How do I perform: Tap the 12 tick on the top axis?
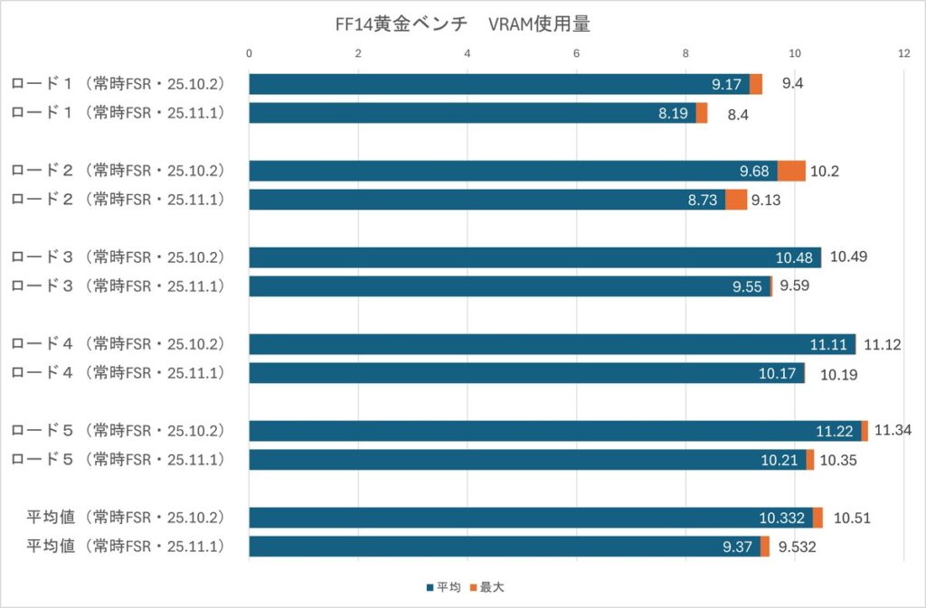(x=903, y=54)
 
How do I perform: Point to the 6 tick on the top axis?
(x=576, y=54)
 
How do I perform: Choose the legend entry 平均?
(x=443, y=587)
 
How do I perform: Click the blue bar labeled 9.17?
(x=499, y=84)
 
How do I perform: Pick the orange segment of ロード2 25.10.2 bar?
(x=791, y=171)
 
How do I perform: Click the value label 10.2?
(x=825, y=171)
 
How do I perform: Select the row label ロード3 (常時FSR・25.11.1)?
(x=118, y=286)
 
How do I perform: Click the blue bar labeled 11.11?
(x=552, y=344)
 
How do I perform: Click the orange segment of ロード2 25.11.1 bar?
(x=736, y=200)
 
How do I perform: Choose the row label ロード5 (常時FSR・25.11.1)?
(x=118, y=460)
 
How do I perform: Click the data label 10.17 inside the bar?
(x=779, y=373)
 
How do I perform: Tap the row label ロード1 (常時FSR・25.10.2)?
(x=118, y=84)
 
